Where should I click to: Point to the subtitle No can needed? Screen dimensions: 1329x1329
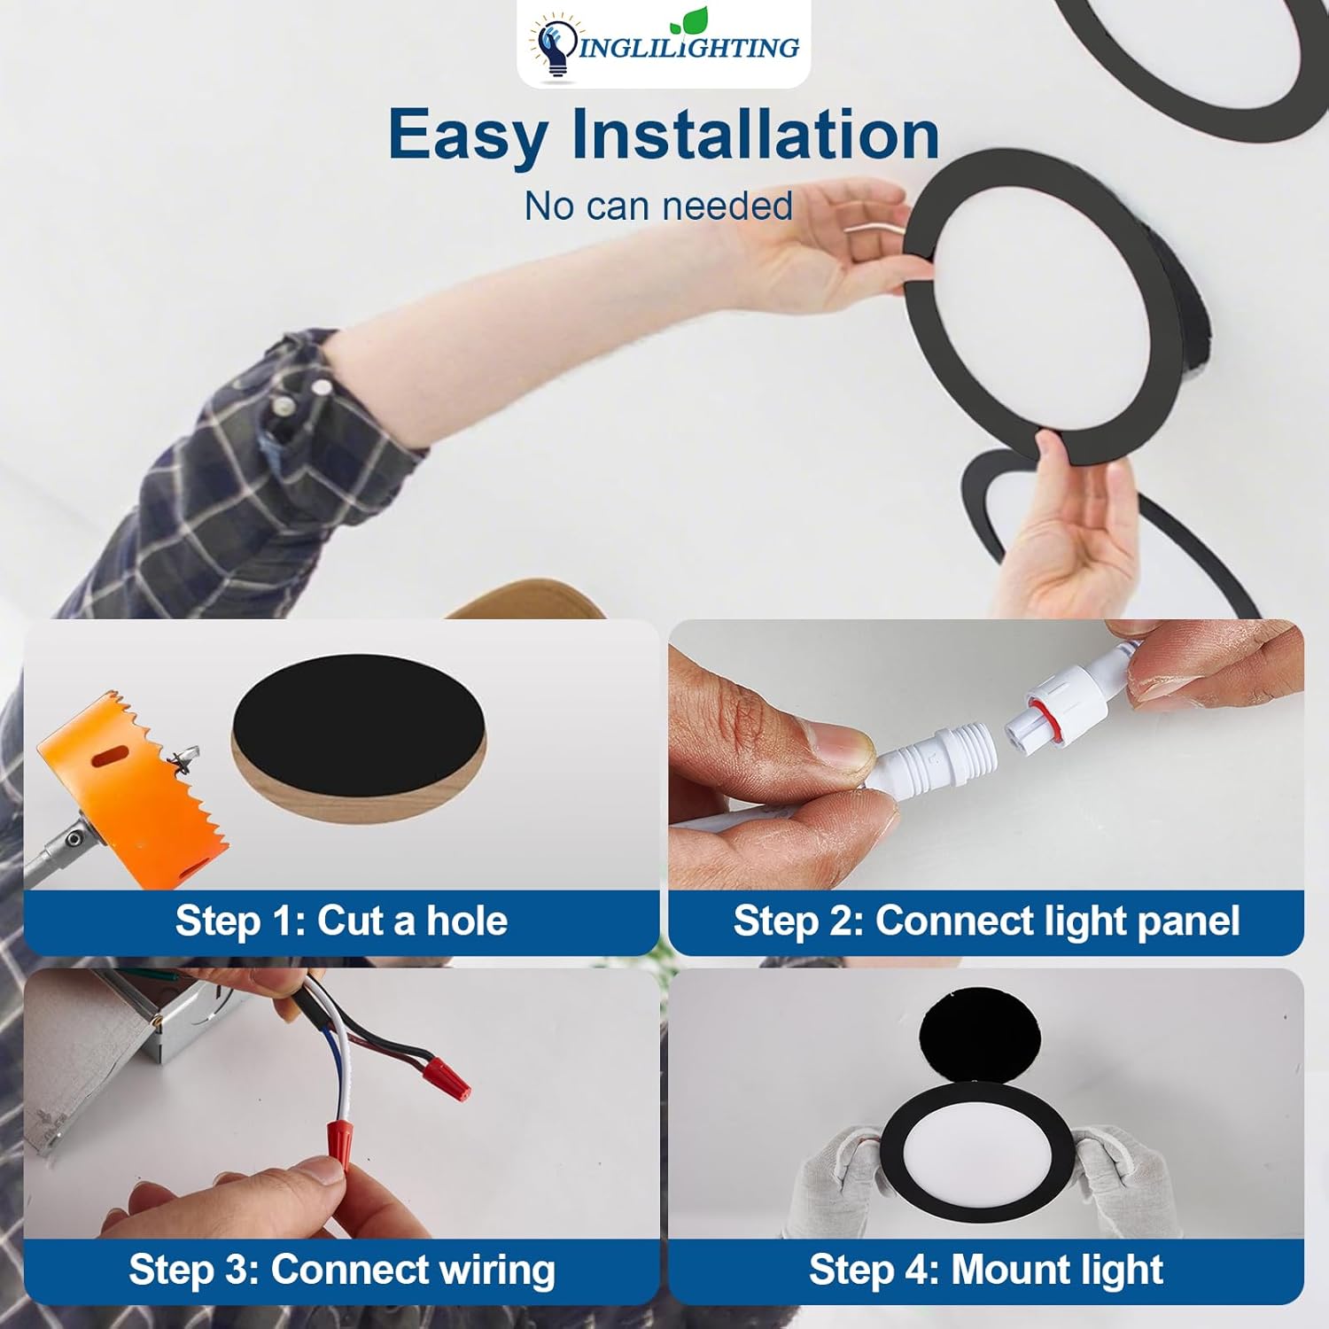pos(658,206)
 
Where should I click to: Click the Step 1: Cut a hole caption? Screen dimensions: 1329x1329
pos(341,921)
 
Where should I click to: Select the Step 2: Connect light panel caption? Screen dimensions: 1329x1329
pos(986,921)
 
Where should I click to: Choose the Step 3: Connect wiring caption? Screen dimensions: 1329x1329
pos(342,1269)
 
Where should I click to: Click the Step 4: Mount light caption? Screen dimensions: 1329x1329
pos(986,1269)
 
